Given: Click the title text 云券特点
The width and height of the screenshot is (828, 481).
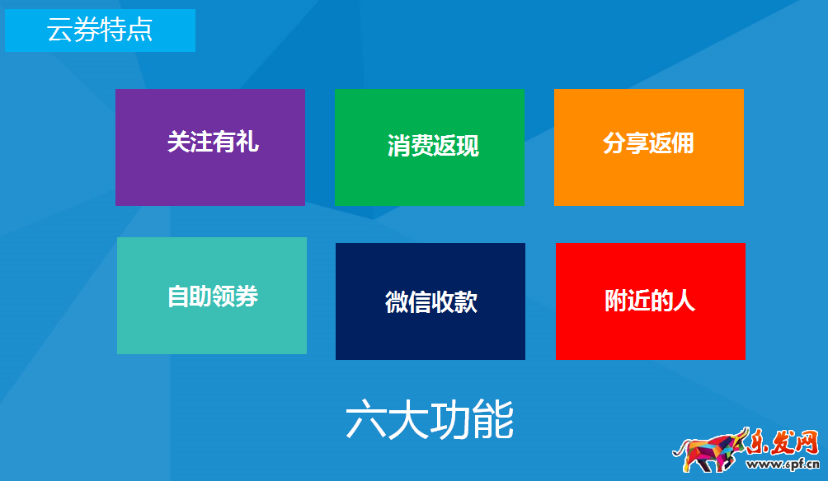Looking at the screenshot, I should point(100,30).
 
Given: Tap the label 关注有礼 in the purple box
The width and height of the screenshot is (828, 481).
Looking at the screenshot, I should point(213,142).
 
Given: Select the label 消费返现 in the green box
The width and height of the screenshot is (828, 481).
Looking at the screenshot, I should point(433,146).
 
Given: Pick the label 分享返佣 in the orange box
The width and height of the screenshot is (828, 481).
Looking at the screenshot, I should point(648,142).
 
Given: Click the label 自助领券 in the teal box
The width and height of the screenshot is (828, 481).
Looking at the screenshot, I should point(213,296).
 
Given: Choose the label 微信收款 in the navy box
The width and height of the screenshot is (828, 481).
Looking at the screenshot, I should point(431,301).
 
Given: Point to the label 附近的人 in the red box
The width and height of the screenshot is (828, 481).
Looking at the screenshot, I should point(650,300).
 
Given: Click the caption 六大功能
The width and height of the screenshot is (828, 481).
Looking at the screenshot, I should point(430,420).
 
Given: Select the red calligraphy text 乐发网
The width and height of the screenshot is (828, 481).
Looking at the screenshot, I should point(782,443).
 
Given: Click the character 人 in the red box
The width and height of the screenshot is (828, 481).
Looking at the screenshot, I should point(685,300).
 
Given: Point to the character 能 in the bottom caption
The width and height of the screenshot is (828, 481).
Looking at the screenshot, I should point(494,420).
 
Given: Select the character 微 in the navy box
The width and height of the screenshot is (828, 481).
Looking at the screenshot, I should point(398,301).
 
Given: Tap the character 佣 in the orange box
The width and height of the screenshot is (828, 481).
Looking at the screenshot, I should point(683,142).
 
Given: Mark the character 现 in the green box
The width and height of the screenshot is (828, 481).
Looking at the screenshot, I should point(468,146).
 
